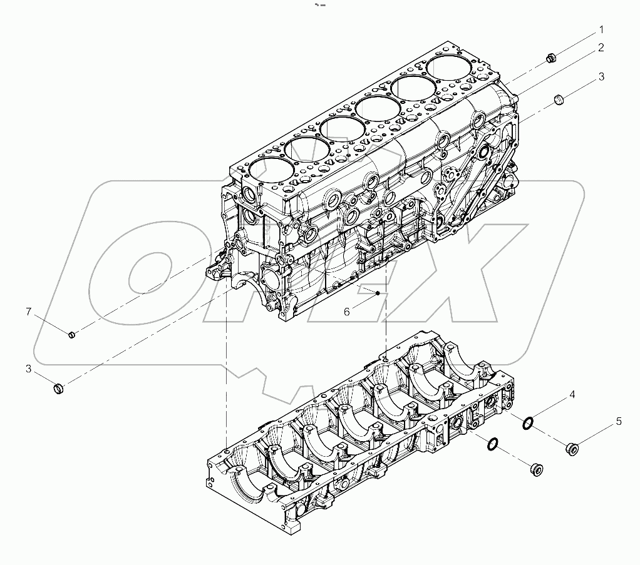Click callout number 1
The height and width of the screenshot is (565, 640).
pyautogui.click(x=601, y=29)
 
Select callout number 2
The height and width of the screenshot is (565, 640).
pyautogui.click(x=601, y=48)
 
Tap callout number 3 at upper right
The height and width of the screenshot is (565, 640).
pyautogui.click(x=601, y=77)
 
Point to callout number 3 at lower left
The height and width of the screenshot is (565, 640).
pyautogui.click(x=28, y=369)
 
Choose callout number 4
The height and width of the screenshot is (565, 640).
pyautogui.click(x=571, y=395)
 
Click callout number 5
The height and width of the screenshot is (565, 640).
pyautogui.click(x=618, y=422)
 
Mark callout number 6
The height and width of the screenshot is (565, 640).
pyautogui.click(x=346, y=311)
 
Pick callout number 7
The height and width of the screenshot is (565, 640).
pyautogui.click(x=28, y=311)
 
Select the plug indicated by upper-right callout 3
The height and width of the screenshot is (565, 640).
pyautogui.click(x=560, y=99)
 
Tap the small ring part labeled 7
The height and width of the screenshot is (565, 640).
pyautogui.click(x=72, y=334)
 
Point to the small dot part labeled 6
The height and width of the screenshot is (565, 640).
pyautogui.click(x=378, y=293)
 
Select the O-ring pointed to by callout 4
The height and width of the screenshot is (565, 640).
pyautogui.click(x=528, y=424)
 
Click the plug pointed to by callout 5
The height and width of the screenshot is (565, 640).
pyautogui.click(x=571, y=448)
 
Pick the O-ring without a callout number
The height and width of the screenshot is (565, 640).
pyautogui.click(x=493, y=444)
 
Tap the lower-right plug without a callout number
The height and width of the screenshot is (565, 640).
pyautogui.click(x=537, y=469)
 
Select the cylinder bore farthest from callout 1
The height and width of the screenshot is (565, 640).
pyautogui.click(x=271, y=171)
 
